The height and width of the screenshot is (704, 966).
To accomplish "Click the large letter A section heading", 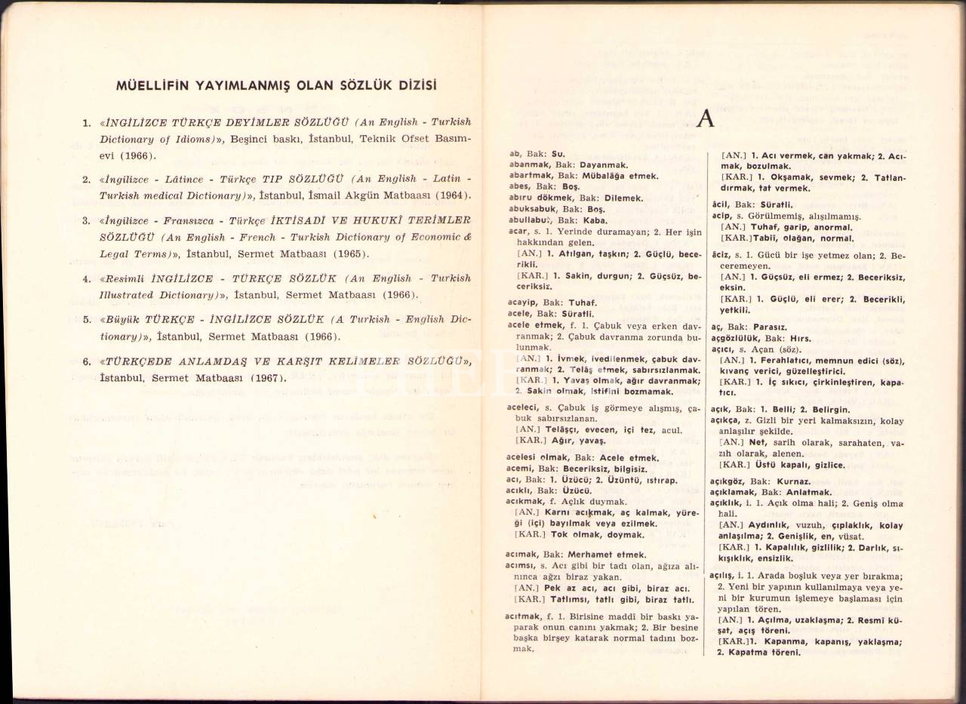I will (706, 119).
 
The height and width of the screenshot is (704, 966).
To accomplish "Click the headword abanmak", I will (528, 164).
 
